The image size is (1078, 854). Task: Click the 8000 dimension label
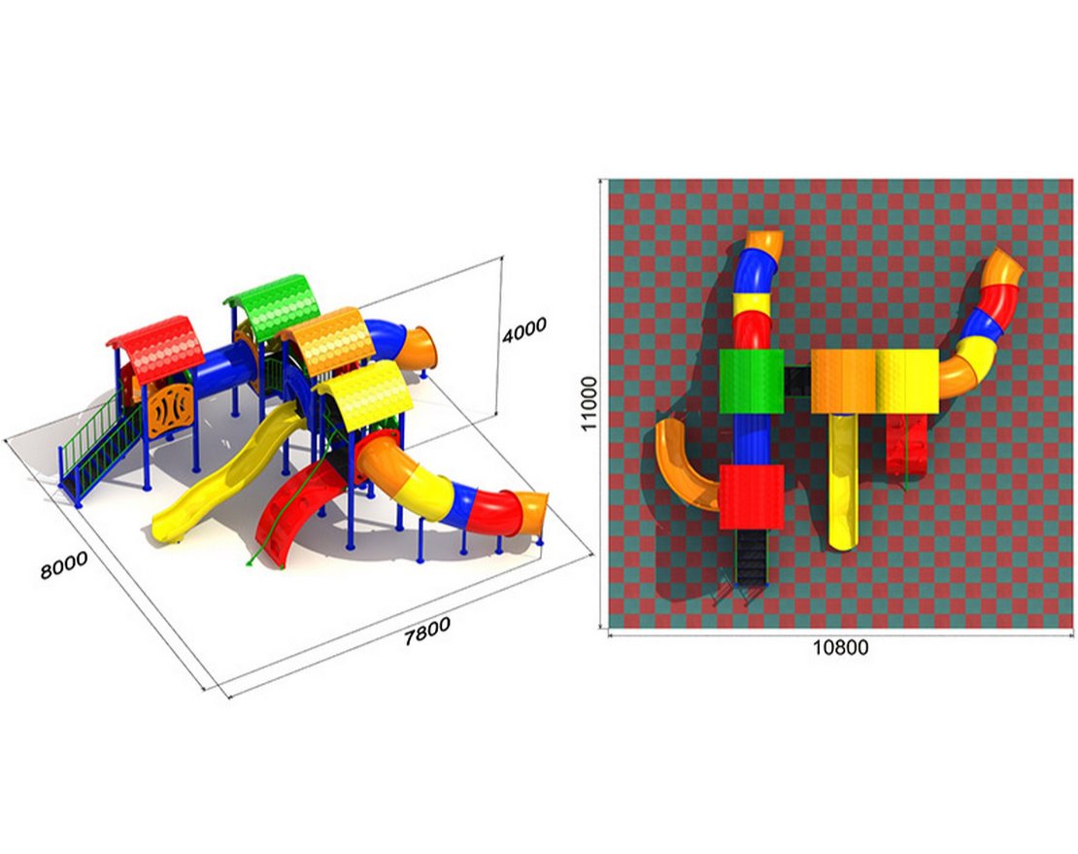[x=64, y=564]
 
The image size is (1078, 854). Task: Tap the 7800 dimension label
[x=427, y=631]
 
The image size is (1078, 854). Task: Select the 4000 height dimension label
[x=523, y=330]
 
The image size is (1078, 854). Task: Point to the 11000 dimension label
[x=590, y=403]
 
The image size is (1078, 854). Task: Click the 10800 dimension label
[x=840, y=648]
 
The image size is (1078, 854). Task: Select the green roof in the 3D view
[x=275, y=307]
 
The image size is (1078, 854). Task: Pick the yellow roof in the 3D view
[x=365, y=394]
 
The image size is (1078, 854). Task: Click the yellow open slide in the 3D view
[x=227, y=474]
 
